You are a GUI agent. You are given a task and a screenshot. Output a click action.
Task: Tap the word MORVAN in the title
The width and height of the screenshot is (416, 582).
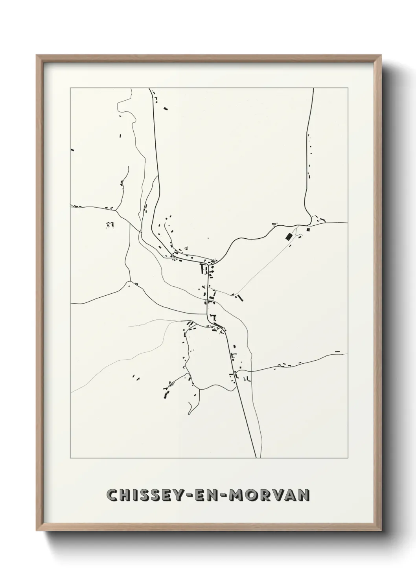tap(268, 495)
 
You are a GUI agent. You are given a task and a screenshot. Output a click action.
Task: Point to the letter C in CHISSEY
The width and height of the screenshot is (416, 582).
tap(112, 495)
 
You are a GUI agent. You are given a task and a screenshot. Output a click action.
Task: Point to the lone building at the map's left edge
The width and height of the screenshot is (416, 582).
tap(72, 149)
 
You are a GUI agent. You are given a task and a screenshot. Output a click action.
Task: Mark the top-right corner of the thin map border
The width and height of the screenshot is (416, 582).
tap(348, 88)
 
